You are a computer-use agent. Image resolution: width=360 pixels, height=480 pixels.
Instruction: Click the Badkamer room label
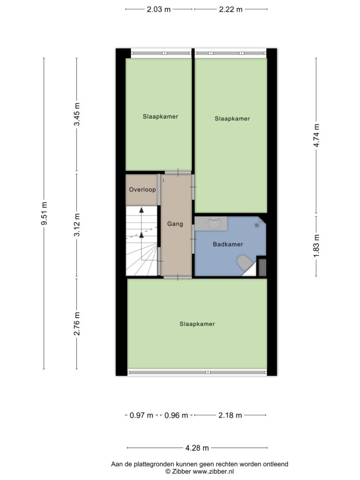pos(228,244)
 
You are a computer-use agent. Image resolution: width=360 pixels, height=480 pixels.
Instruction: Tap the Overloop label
pos(142,189)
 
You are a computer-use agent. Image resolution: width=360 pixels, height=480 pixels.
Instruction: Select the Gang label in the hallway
pos(175,224)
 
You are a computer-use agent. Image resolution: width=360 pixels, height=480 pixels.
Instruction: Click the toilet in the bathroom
pos(244,262)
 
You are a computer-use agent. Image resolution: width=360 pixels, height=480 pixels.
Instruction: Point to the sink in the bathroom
pos(215,224)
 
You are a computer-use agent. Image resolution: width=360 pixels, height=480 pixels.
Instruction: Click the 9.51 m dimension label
pos(44,213)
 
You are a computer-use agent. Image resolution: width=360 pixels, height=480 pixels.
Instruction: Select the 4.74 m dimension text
pos(316,135)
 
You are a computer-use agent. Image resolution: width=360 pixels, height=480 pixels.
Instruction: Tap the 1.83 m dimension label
pos(316,246)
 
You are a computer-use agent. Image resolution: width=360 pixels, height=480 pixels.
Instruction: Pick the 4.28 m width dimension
pos(197,448)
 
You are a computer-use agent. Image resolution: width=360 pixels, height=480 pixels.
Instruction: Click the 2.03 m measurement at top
pos(158,9)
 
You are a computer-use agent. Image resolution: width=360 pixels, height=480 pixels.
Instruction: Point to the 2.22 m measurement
pos(231,9)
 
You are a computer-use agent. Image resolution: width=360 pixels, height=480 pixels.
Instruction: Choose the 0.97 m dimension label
pos(141,415)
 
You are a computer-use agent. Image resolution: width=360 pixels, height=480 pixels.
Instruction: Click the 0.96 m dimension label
pos(176,415)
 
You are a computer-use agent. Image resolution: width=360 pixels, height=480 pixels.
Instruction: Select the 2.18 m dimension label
pos(230,415)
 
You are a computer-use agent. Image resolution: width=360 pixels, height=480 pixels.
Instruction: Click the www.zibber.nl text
pos(213,472)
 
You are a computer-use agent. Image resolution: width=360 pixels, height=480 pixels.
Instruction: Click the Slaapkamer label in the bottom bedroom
pos(197,324)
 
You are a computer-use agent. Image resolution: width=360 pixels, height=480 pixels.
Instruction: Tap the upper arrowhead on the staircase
pos(142,210)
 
